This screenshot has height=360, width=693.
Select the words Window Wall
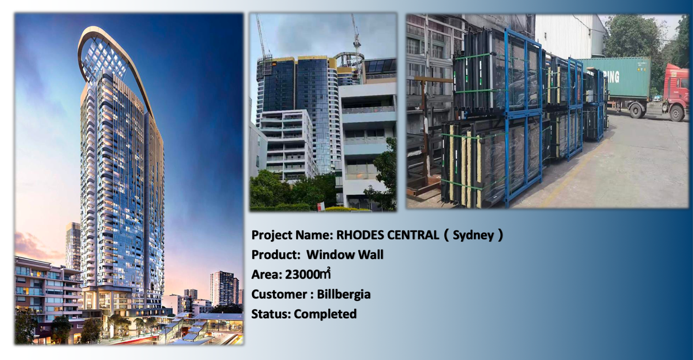tap(345, 255)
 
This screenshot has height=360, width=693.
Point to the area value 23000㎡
tap(308, 274)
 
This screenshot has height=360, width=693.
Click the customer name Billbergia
tap(344, 294)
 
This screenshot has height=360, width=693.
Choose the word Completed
tap(325, 314)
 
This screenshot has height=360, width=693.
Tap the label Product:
tap(276, 255)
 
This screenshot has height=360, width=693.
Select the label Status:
tap(271, 314)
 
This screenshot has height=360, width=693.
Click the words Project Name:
tap(292, 235)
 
